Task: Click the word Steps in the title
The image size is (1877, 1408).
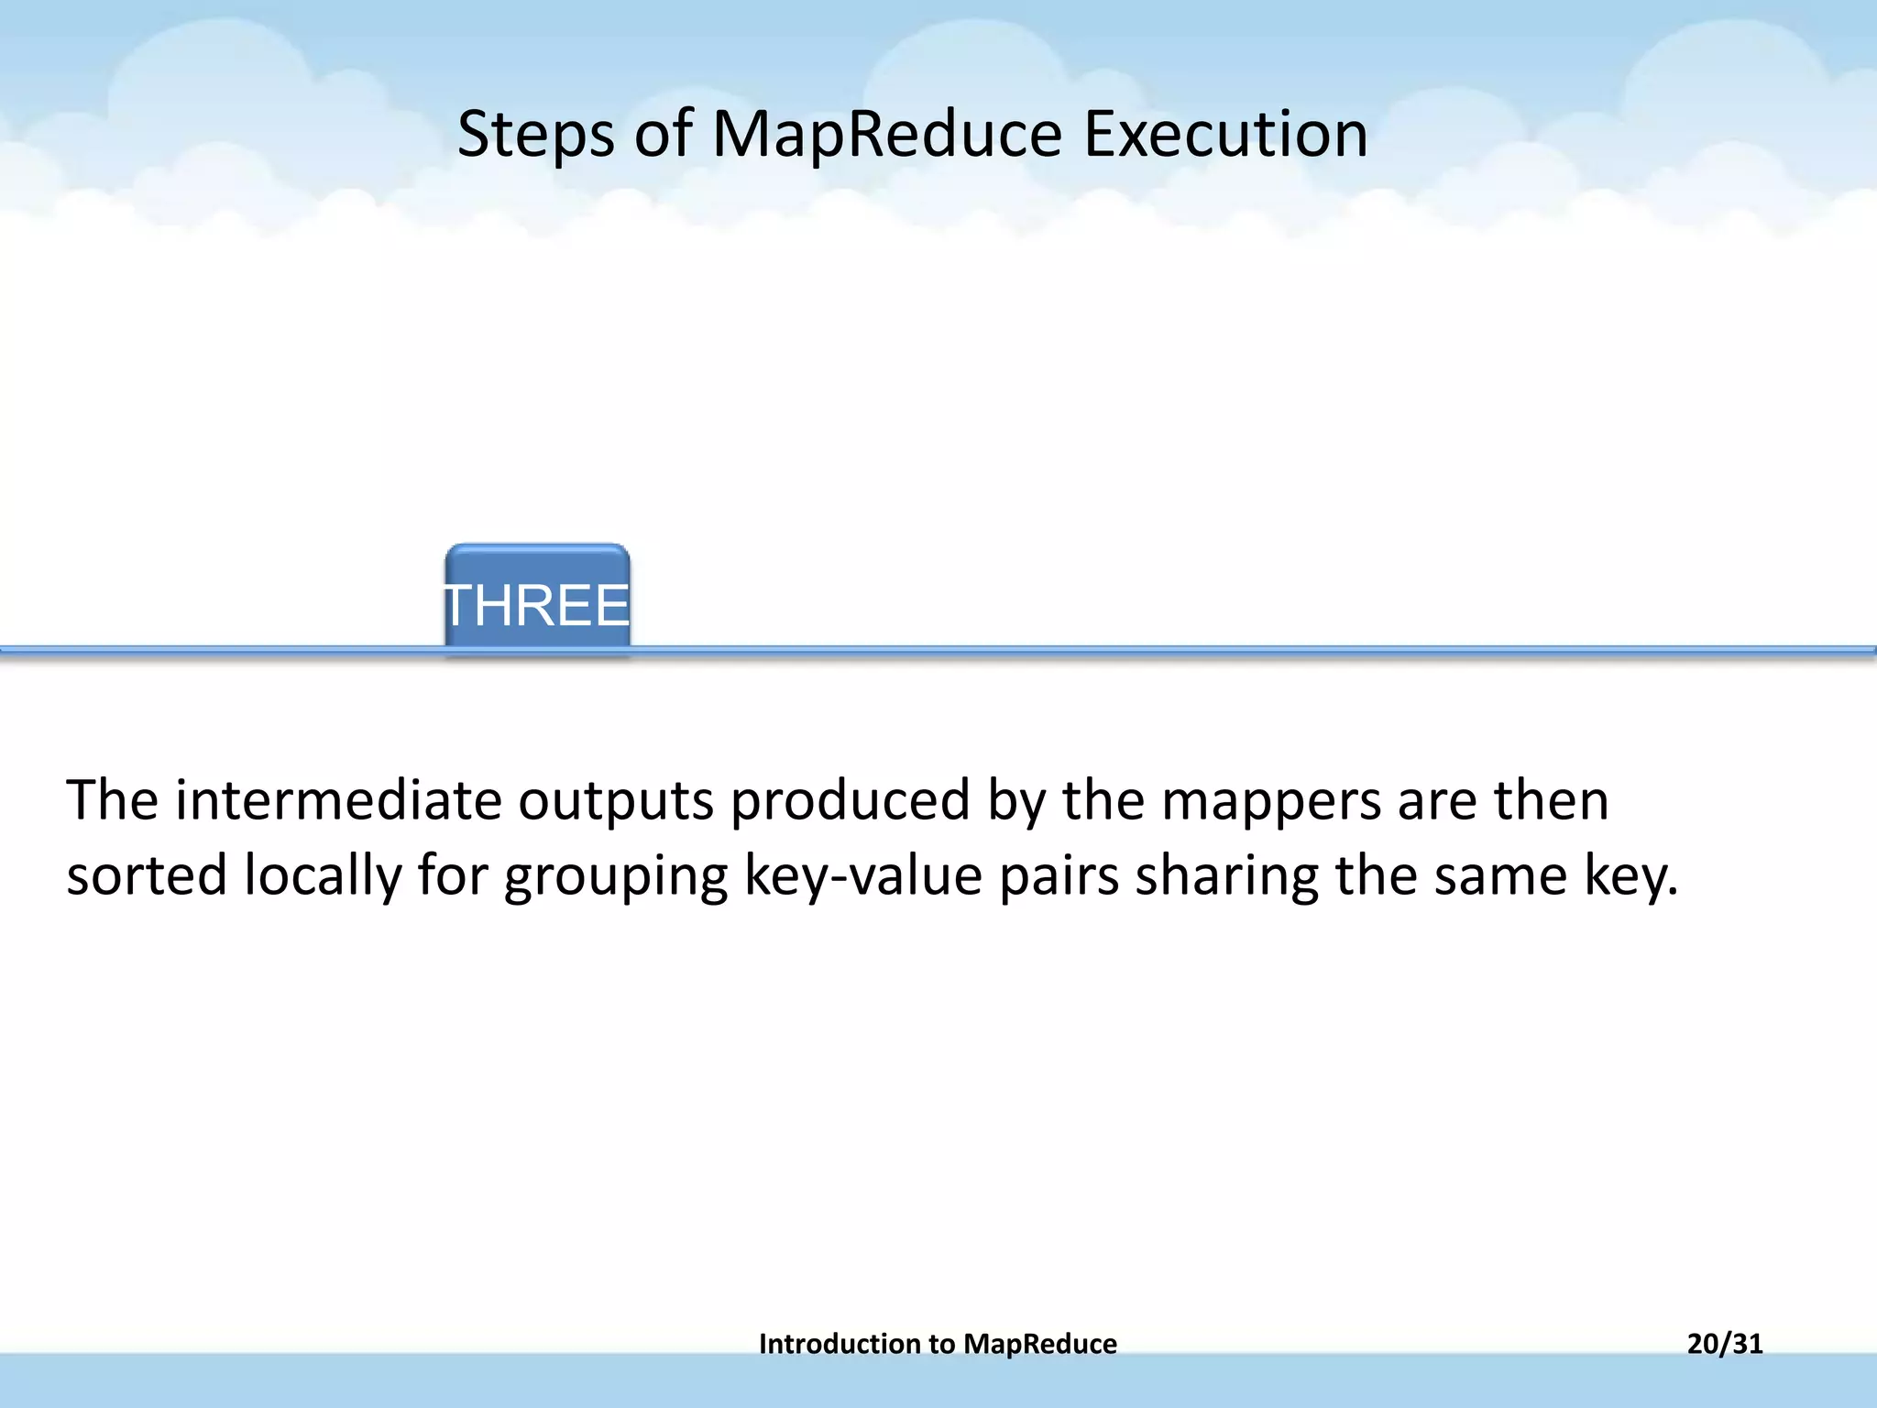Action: click(x=535, y=135)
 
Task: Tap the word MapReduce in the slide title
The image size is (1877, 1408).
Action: click(x=886, y=135)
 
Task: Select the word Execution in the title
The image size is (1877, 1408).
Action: click(x=1225, y=135)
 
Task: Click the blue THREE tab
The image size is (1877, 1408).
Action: click(x=537, y=601)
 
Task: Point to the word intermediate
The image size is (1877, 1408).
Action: click(x=338, y=799)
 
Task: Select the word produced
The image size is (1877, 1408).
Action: click(x=850, y=799)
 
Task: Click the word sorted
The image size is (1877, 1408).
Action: click(x=147, y=874)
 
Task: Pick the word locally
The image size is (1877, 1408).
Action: click(x=323, y=876)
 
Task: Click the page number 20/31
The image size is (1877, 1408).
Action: click(x=1724, y=1344)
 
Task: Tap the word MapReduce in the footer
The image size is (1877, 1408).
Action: click(x=1040, y=1344)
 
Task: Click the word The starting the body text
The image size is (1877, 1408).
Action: click(x=112, y=799)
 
